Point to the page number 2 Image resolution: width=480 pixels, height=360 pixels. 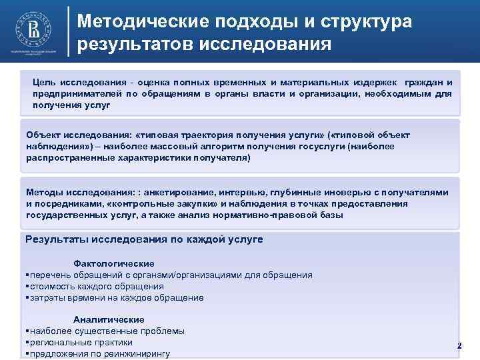[x=459, y=345]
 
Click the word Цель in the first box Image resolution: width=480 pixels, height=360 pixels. [x=44, y=82]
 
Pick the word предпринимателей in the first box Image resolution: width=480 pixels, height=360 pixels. [x=79, y=94]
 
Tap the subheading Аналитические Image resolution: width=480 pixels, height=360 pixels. [x=109, y=319]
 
